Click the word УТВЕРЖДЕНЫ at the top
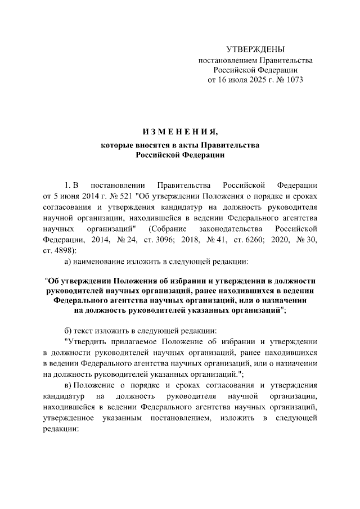255,49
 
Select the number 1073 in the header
293,79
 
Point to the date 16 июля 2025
242,79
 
